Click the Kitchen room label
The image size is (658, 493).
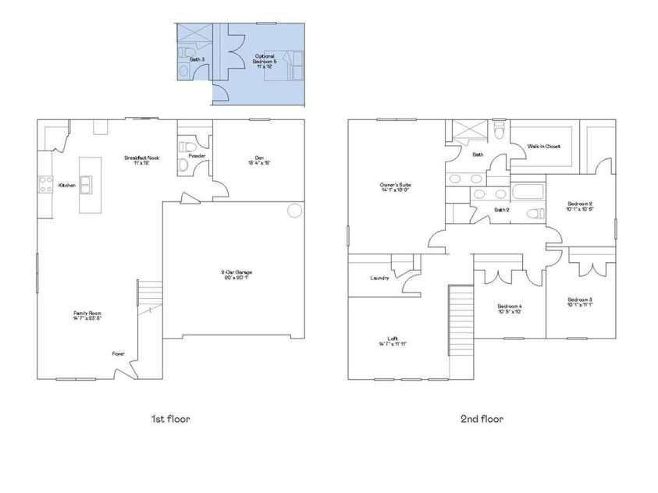coord(67,186)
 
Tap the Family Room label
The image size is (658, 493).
coord(87,315)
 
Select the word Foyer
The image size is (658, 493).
coord(118,353)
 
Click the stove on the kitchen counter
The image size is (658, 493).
coord(44,185)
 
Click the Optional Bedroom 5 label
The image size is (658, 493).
coord(265,60)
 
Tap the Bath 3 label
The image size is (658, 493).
coord(197,59)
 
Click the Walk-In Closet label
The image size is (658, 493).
coord(543,146)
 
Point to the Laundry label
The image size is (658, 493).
coord(379,278)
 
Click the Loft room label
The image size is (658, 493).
coord(393,341)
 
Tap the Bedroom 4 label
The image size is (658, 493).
coord(510,309)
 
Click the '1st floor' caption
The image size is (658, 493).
coord(171,419)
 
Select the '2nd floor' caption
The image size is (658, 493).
coord(482,419)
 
